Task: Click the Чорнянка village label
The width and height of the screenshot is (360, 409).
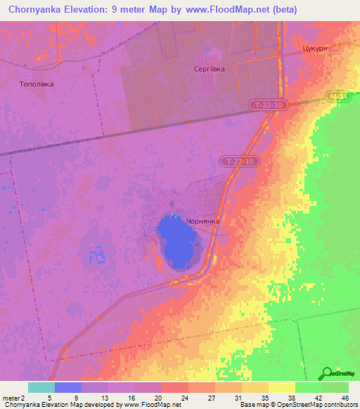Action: point(202,221)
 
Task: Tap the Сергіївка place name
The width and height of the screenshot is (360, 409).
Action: point(210,69)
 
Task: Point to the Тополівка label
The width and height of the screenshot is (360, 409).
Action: point(35,84)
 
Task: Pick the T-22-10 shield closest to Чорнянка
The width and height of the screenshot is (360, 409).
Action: point(240,161)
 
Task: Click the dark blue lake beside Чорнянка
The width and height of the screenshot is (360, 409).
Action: point(177,241)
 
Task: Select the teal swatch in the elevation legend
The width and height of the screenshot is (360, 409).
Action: point(41,387)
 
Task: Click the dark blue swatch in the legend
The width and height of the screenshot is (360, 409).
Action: point(68,387)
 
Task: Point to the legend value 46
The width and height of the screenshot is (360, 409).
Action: point(345,398)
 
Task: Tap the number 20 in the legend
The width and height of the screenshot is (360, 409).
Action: point(159,398)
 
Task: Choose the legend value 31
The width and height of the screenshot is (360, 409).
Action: point(238,398)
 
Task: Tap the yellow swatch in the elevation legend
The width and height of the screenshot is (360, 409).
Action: point(282,387)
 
